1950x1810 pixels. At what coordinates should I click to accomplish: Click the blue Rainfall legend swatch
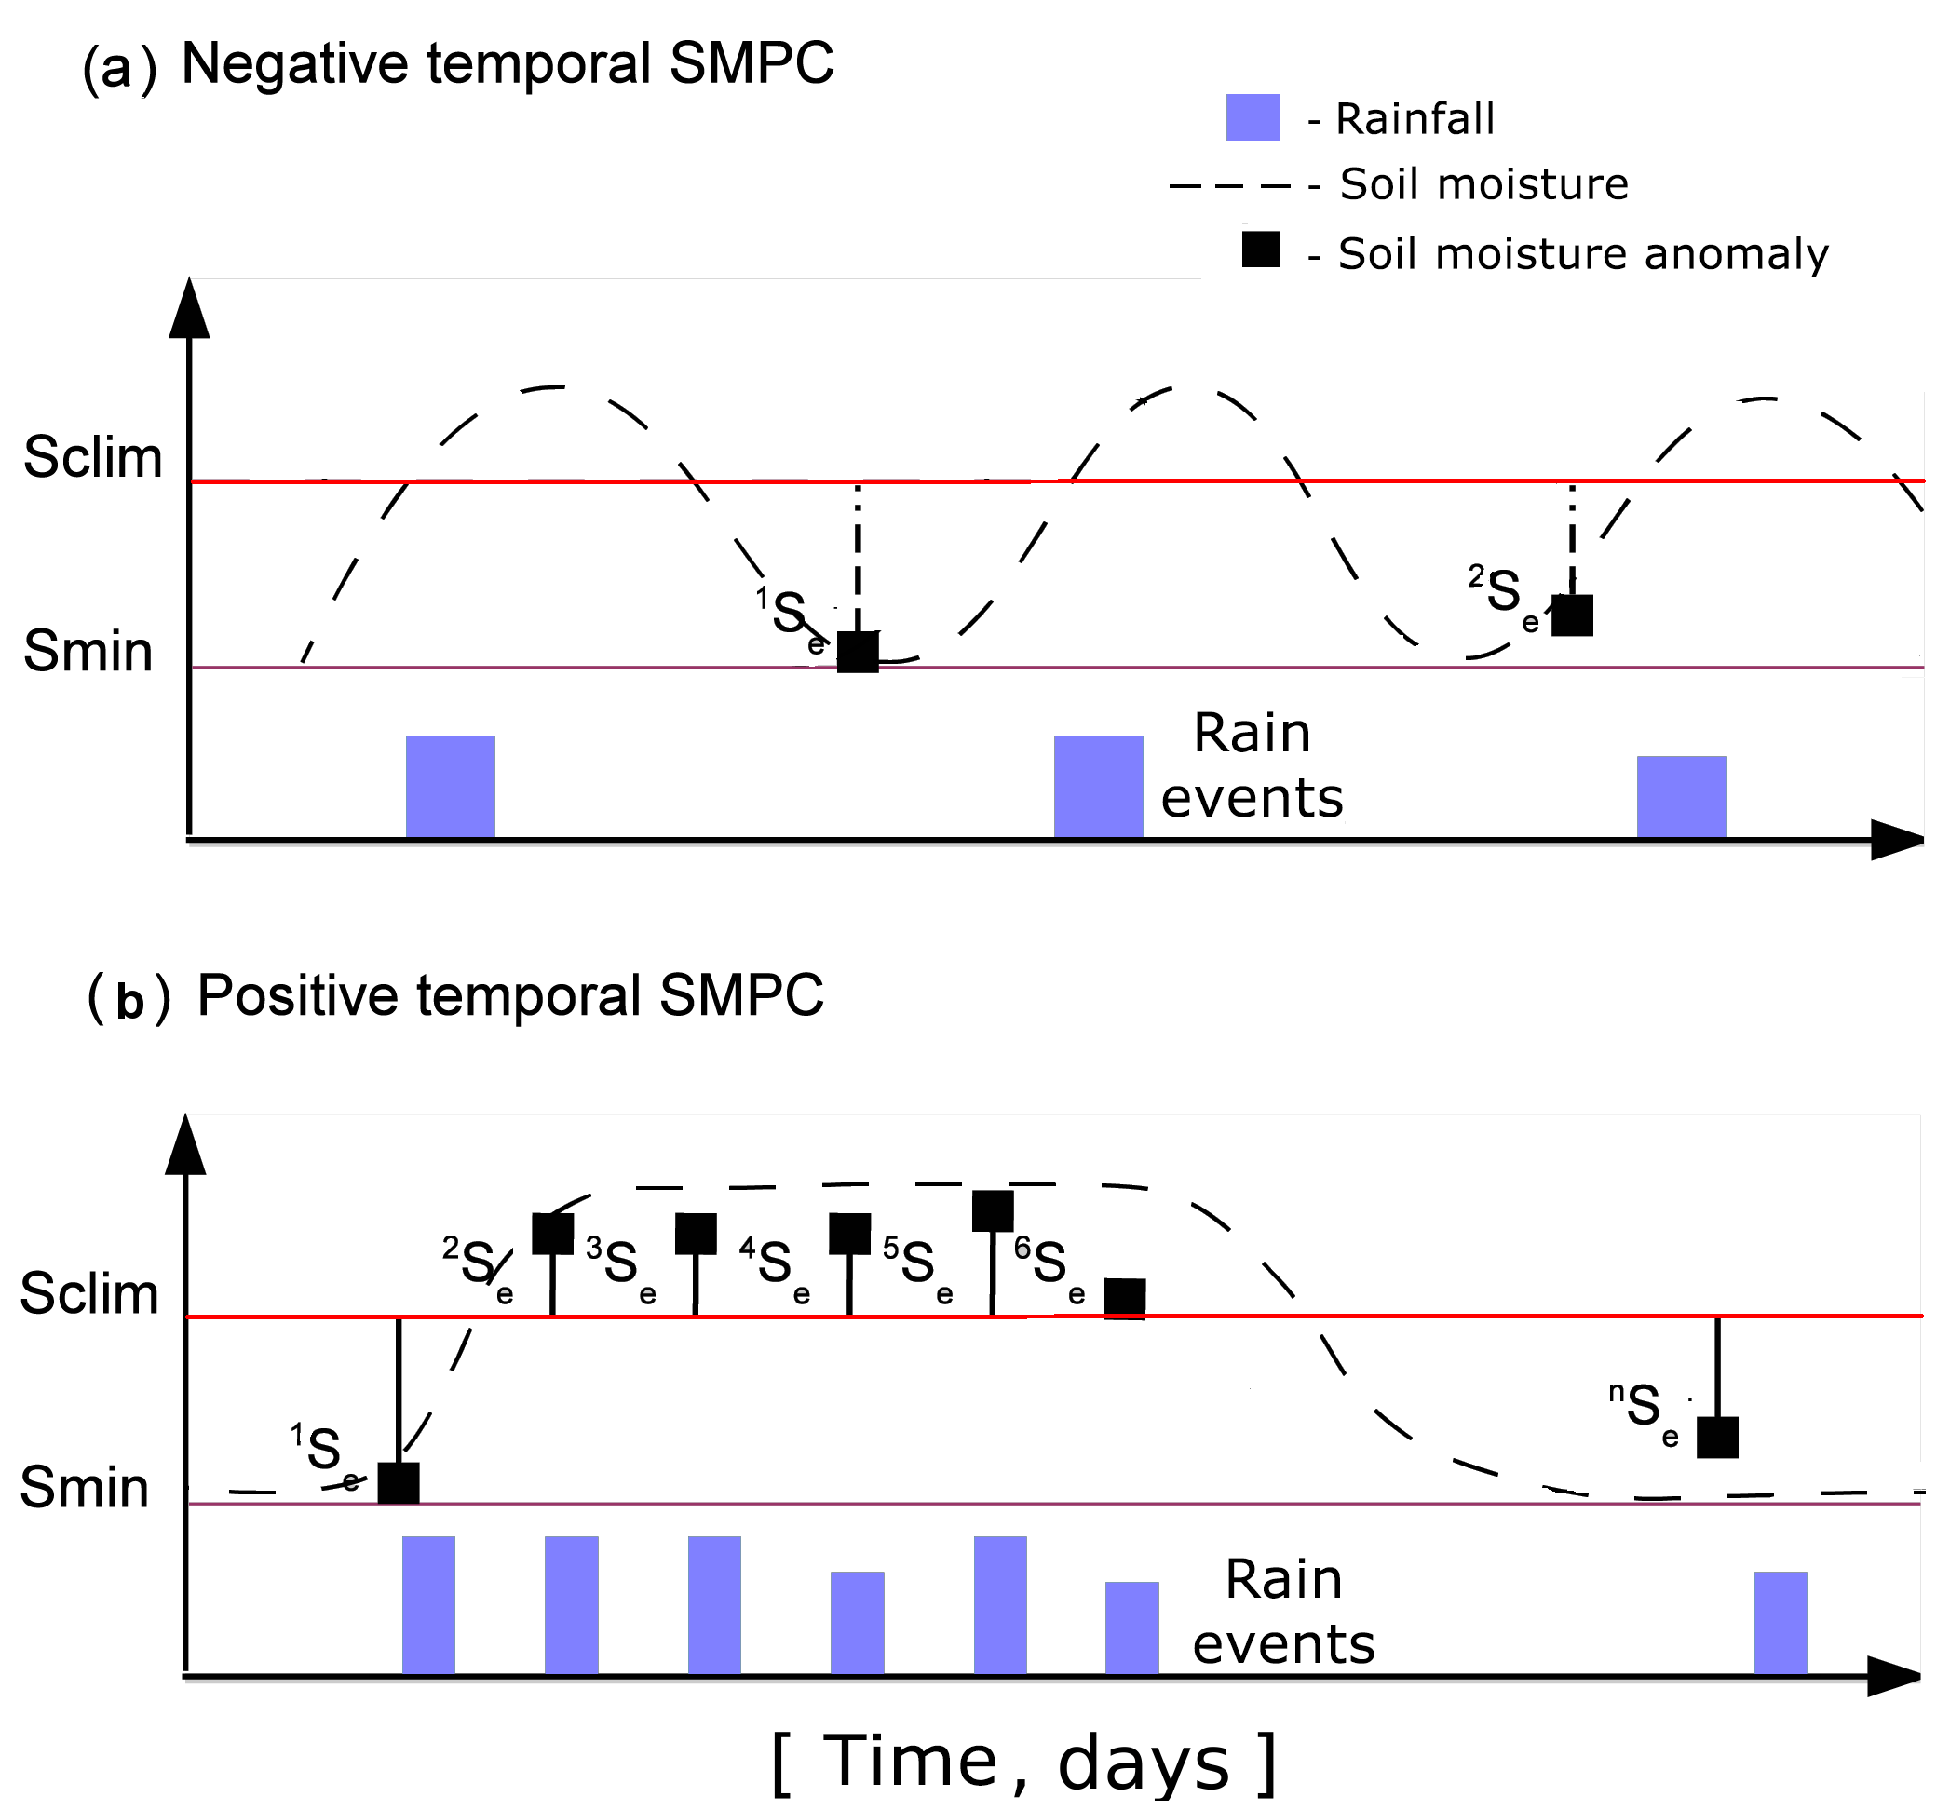1253,117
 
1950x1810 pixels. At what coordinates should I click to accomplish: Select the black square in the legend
1261,250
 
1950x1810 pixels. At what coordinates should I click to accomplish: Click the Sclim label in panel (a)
93,457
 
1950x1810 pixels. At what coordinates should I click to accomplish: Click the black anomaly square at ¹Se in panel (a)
858,653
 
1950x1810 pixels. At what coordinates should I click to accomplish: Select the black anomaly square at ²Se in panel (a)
1572,615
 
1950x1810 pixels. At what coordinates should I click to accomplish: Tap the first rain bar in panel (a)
451,787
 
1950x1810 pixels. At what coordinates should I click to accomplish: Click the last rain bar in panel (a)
1681,797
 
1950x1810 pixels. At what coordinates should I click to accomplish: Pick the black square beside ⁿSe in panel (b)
1717,1437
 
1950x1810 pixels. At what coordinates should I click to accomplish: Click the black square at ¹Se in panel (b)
399,1483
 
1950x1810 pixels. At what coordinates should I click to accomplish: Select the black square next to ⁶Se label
1124,1299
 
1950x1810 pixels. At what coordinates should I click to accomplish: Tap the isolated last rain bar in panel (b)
1780,1623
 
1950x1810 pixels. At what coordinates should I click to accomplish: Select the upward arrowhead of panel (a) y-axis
189,307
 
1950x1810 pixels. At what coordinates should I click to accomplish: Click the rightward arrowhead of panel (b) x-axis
1894,1676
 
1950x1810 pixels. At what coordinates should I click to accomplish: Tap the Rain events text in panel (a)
1252,765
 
